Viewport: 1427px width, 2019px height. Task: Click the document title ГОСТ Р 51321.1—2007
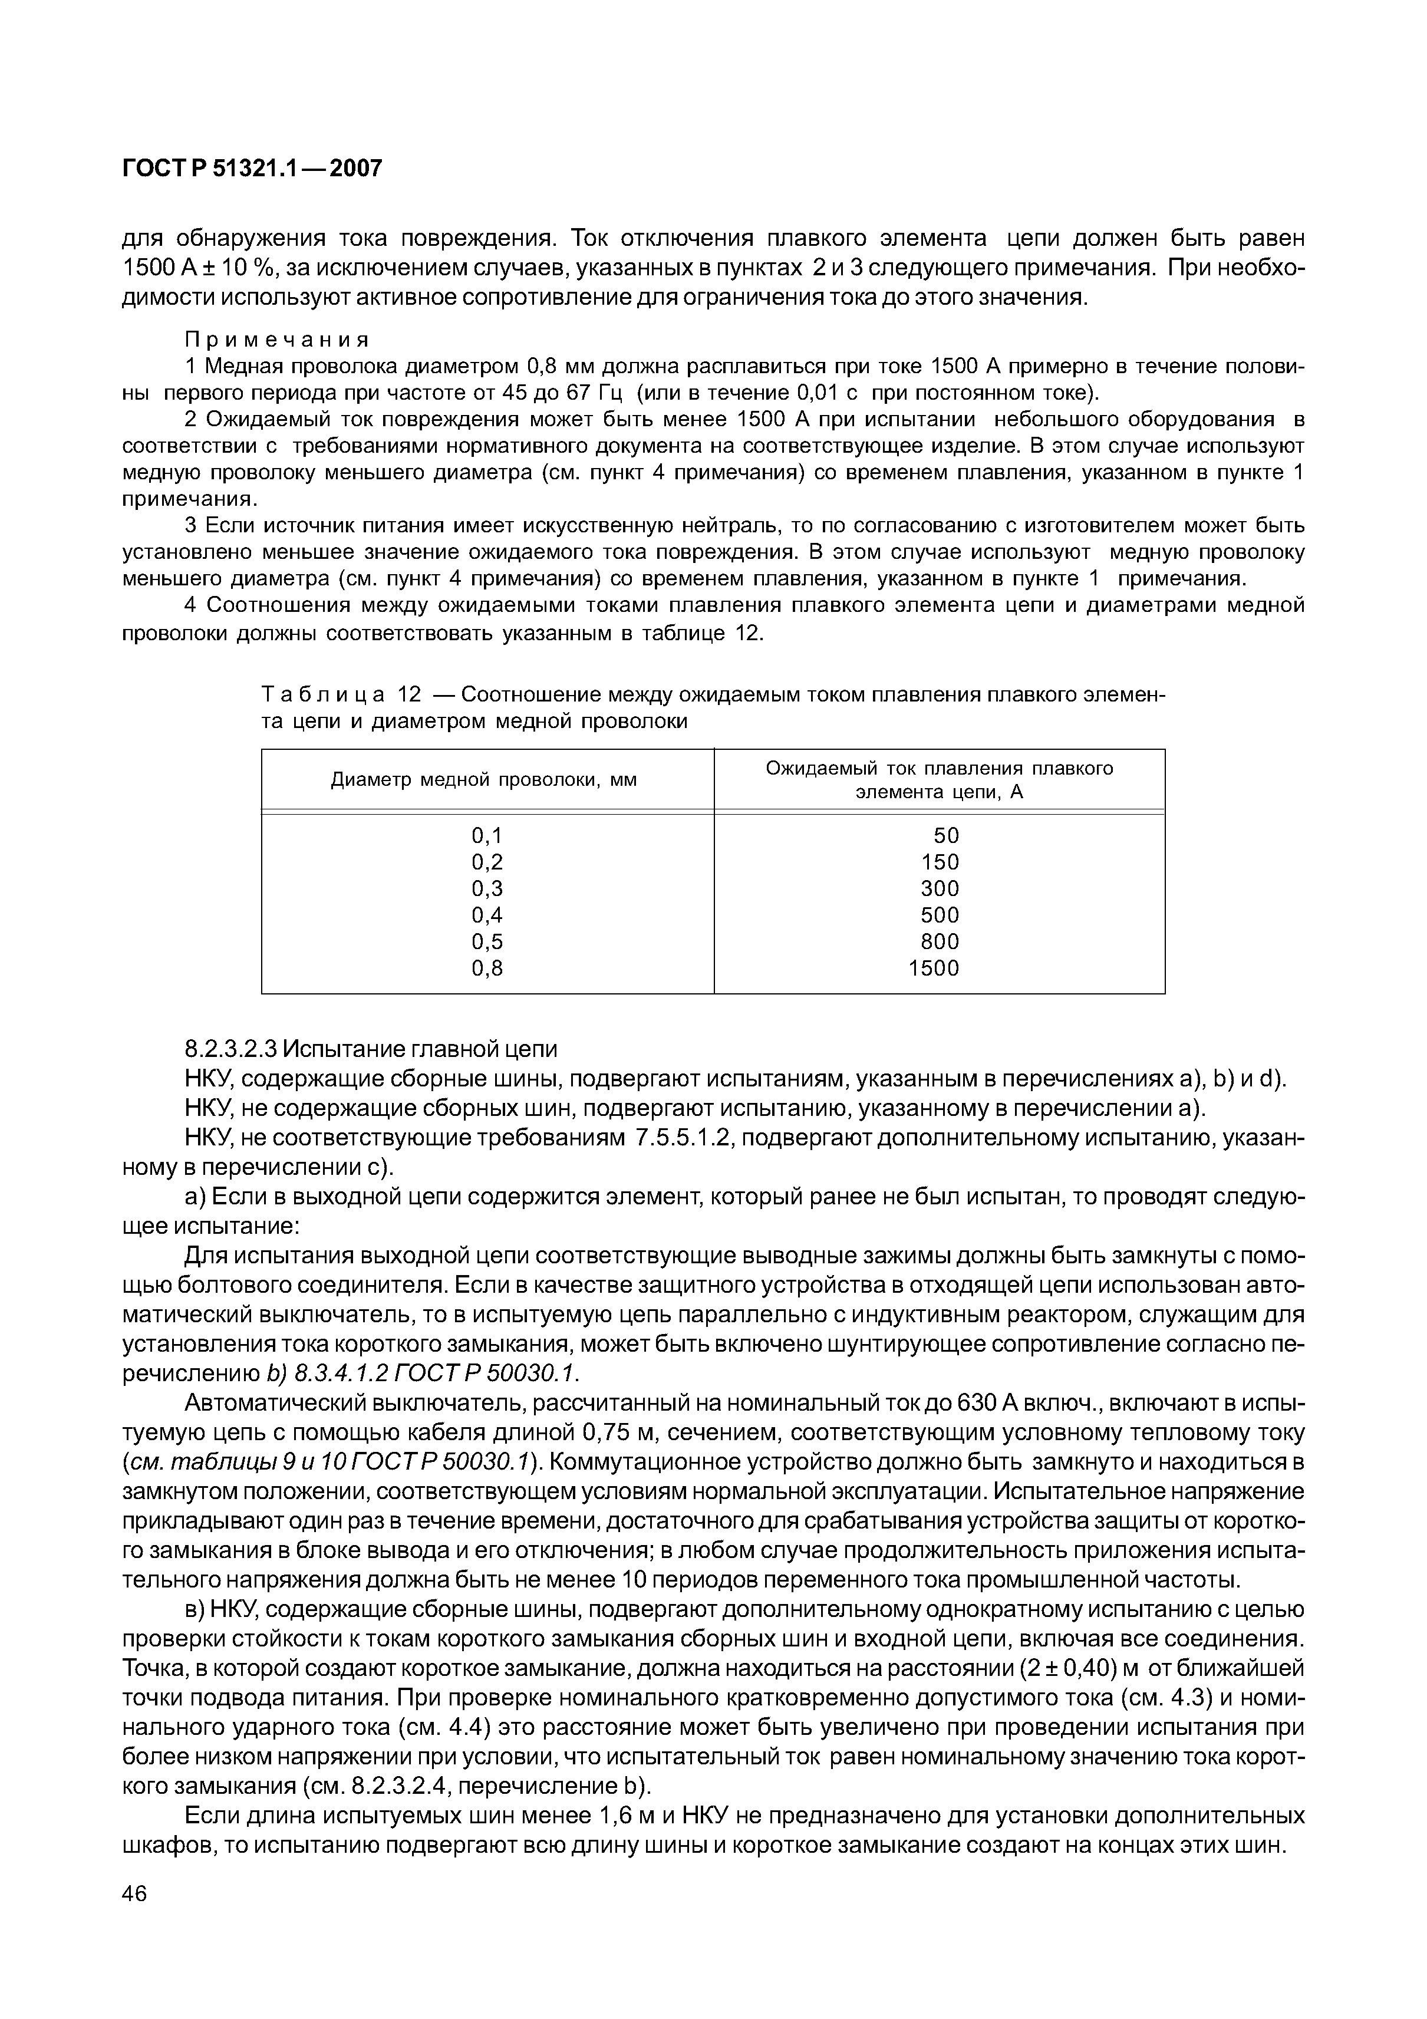tap(252, 168)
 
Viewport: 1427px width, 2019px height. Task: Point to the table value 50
tap(946, 835)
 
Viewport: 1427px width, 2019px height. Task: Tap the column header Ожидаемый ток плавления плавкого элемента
tap(939, 780)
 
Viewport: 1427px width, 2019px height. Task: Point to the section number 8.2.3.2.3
tap(230, 1049)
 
